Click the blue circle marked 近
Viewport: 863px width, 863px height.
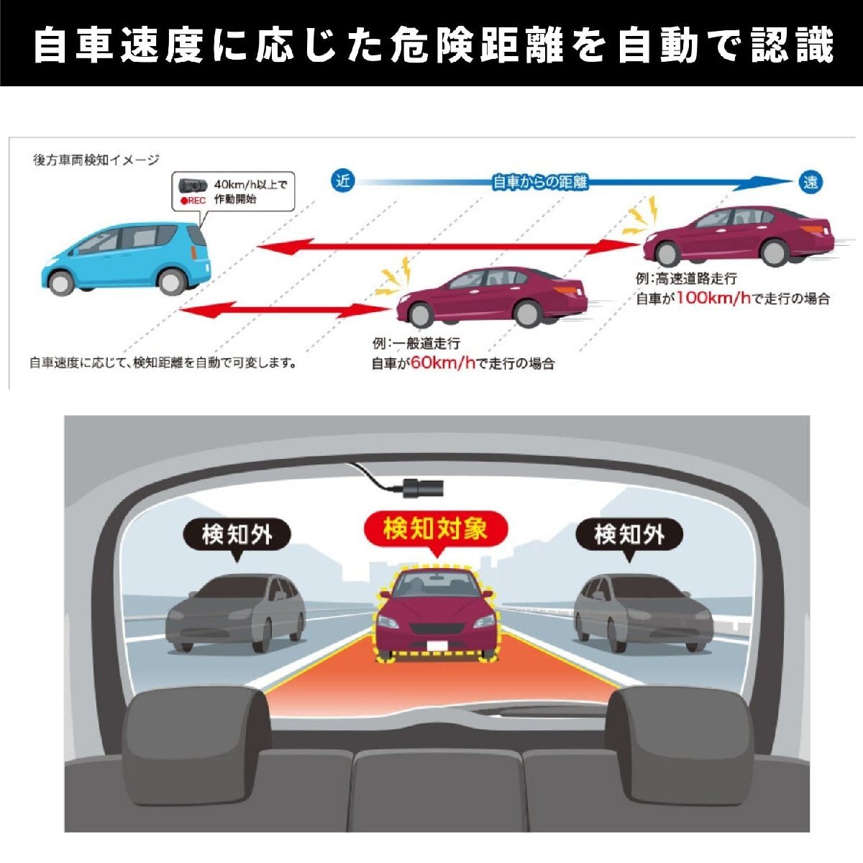pyautogui.click(x=343, y=181)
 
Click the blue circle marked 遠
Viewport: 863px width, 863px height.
pyautogui.click(x=811, y=182)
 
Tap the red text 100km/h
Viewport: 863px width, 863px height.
pyautogui.click(x=713, y=298)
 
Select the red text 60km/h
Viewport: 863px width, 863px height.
pyautogui.click(x=443, y=363)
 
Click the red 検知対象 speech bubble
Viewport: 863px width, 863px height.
pyautogui.click(x=435, y=530)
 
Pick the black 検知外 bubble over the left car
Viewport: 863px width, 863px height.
pyautogui.click(x=237, y=534)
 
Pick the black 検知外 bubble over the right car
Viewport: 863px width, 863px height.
pyautogui.click(x=629, y=534)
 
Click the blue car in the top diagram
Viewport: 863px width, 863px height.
pyautogui.click(x=126, y=255)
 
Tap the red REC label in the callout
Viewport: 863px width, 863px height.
pyautogui.click(x=193, y=201)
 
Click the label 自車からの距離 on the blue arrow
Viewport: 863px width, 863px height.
pyautogui.click(x=540, y=182)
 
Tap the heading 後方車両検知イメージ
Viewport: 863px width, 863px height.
pyautogui.click(x=96, y=160)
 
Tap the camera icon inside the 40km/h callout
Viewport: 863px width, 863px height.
pyautogui.click(x=192, y=185)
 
